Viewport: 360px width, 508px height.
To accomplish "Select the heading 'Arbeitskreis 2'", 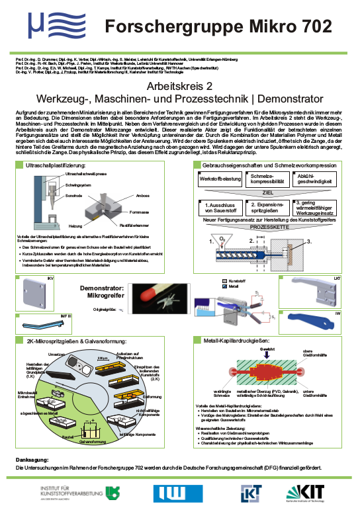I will (x=179, y=87).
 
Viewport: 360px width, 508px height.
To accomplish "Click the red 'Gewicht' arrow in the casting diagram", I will (x=267, y=357).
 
